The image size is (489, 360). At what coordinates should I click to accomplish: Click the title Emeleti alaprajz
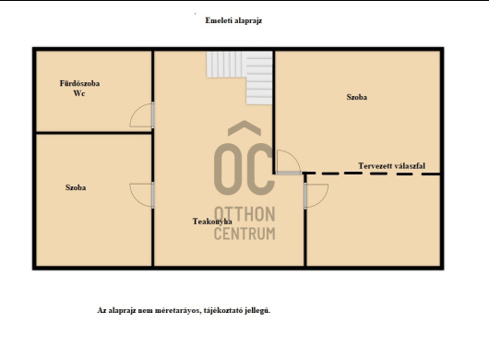click(233, 20)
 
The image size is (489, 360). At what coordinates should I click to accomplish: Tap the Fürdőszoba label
click(80, 83)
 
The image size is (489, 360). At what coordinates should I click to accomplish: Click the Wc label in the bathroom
click(79, 93)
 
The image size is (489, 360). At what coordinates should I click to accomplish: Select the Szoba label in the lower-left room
click(76, 187)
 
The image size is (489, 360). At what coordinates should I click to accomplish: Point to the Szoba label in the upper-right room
click(357, 97)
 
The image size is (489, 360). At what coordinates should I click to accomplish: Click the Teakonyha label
click(212, 222)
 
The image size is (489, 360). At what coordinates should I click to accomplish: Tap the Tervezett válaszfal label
click(392, 165)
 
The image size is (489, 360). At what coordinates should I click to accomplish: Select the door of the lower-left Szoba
click(142, 195)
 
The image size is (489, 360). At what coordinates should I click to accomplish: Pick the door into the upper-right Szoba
click(289, 162)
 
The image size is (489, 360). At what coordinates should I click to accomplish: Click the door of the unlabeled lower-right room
click(316, 196)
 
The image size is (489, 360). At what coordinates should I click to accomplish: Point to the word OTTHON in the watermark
click(244, 214)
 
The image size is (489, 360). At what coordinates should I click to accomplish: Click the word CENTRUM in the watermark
click(244, 234)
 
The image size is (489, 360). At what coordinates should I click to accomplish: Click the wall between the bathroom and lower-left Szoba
click(93, 133)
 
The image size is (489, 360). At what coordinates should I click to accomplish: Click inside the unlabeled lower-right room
click(373, 221)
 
